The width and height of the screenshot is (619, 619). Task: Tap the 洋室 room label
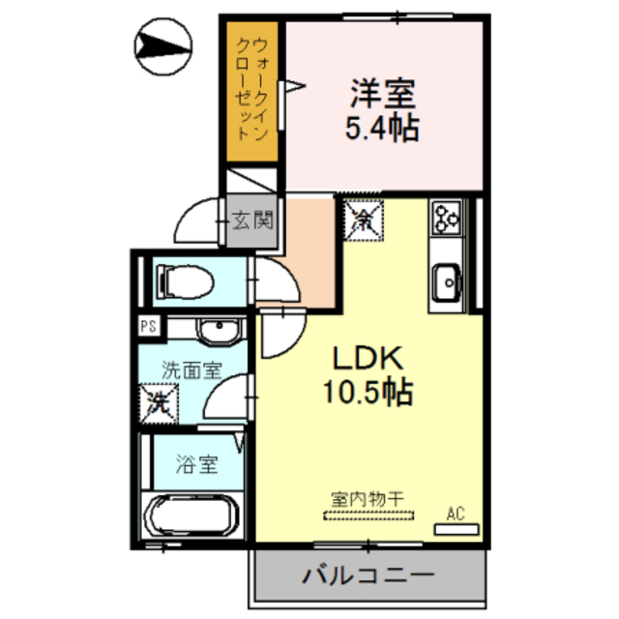coord(381,95)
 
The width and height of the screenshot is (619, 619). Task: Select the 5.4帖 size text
coord(381,129)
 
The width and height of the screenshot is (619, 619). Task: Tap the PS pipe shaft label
coord(148,326)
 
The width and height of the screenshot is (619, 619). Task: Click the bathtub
coord(192,518)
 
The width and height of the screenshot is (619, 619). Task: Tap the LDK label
coord(368,358)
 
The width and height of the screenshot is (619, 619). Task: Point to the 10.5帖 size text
coord(368,392)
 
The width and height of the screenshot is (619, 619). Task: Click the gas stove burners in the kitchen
coord(447,219)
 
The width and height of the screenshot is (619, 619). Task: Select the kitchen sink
coord(447,281)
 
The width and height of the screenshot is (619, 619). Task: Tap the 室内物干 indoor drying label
coord(367,499)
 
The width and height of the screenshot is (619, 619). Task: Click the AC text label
coord(455,514)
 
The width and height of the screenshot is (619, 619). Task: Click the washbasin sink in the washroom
coord(215,332)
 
